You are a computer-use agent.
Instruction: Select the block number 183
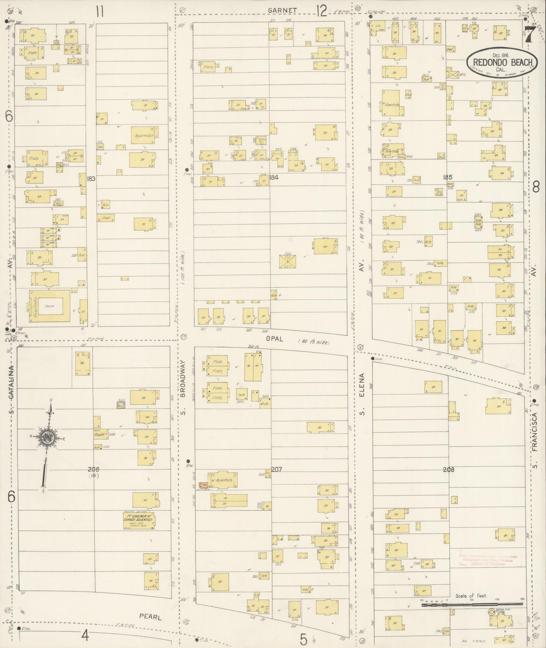(91, 178)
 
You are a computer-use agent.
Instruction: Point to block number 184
(274, 177)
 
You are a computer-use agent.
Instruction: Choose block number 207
(277, 469)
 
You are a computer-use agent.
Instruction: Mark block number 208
(449, 470)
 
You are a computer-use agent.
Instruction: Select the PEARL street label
(150, 617)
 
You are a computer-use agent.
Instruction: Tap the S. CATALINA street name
(11, 389)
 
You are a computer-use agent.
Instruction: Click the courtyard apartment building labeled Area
(49, 307)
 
